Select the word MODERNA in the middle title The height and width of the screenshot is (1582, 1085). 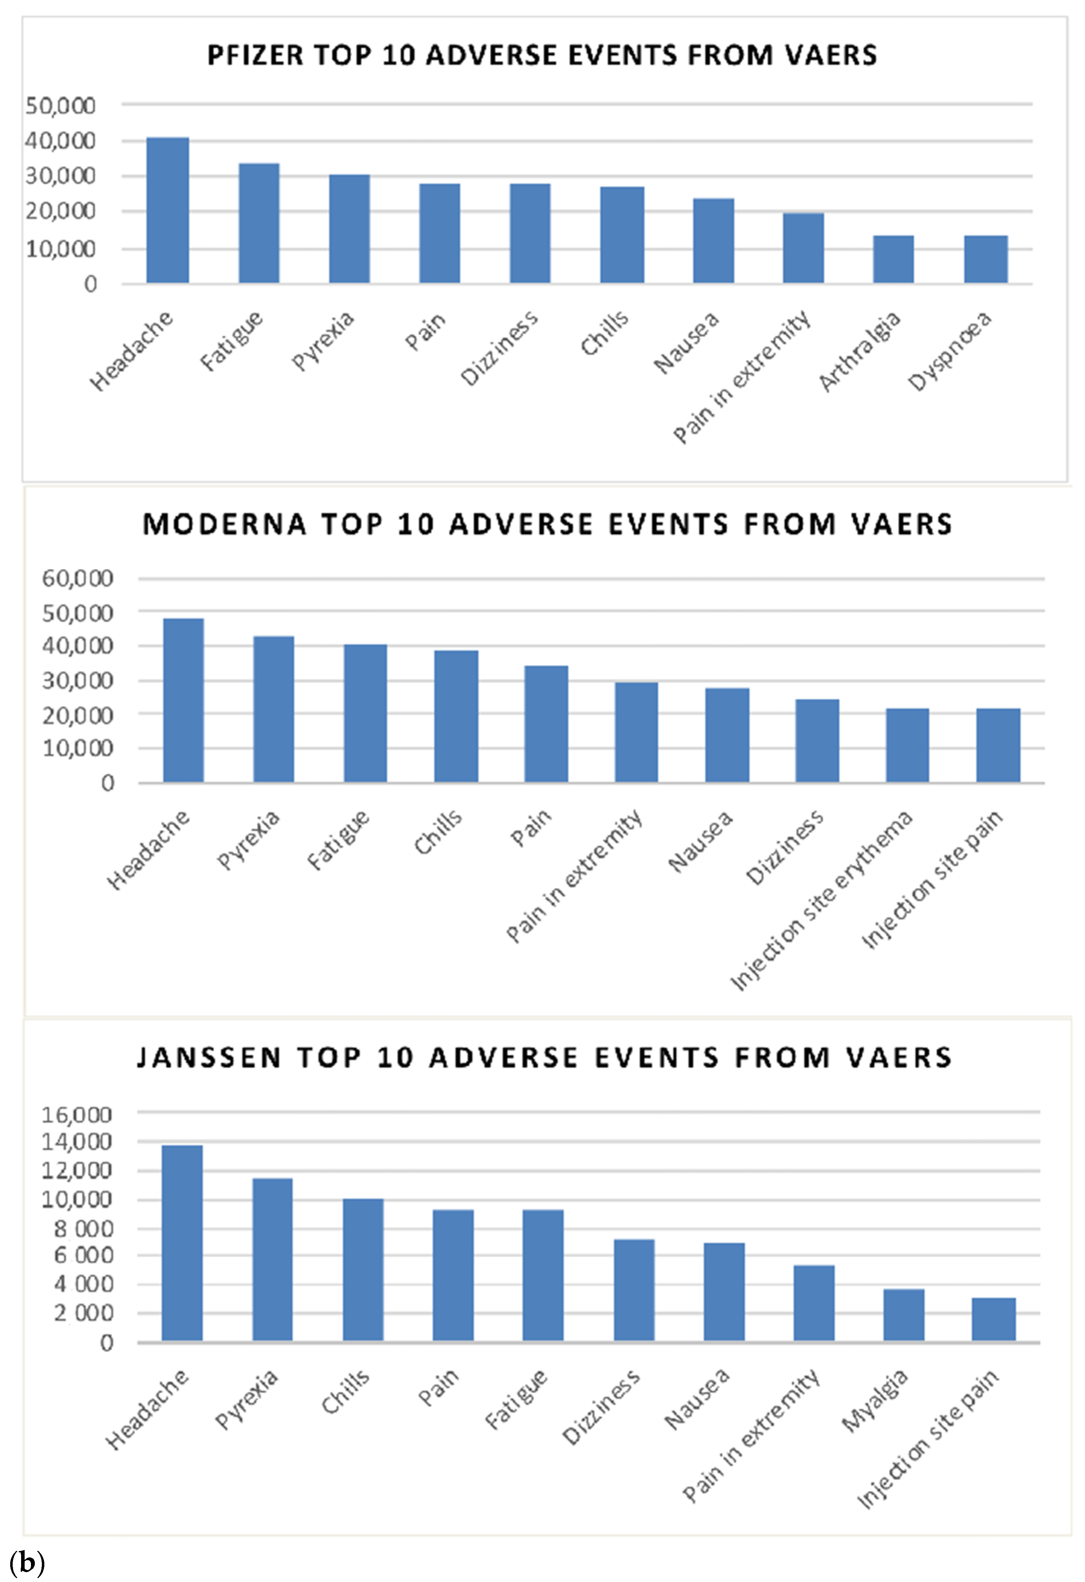tap(224, 524)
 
